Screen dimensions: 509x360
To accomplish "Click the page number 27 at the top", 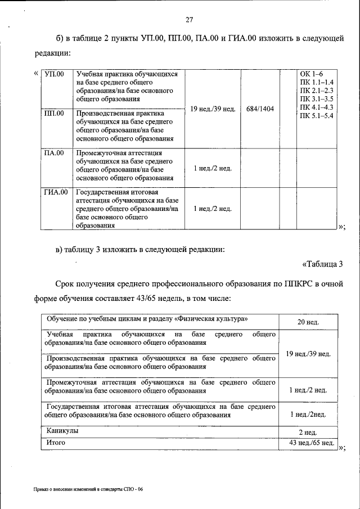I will click(190, 20).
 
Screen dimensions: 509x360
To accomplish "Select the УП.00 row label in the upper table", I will click(54, 74).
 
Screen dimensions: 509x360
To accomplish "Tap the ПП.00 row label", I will click(54, 113).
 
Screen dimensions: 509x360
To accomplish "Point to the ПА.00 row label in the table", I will click(54, 152).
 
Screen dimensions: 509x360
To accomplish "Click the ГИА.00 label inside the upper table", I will click(56, 192).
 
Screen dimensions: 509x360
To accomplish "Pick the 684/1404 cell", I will click(260, 109).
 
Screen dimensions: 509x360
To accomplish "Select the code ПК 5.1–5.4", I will click(317, 115).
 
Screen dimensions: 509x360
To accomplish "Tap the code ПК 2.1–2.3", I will click(317, 91).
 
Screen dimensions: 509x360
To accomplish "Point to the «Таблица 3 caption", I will click(322, 264).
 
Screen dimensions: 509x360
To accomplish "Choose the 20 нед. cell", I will click(308, 322).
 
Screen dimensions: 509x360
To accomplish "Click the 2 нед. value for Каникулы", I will click(308, 433).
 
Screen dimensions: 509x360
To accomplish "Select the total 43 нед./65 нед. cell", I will click(308, 444).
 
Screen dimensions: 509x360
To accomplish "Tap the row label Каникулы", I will click(62, 431).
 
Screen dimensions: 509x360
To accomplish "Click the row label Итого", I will click(56, 443).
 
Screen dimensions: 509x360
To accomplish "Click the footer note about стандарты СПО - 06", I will click(87, 490).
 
